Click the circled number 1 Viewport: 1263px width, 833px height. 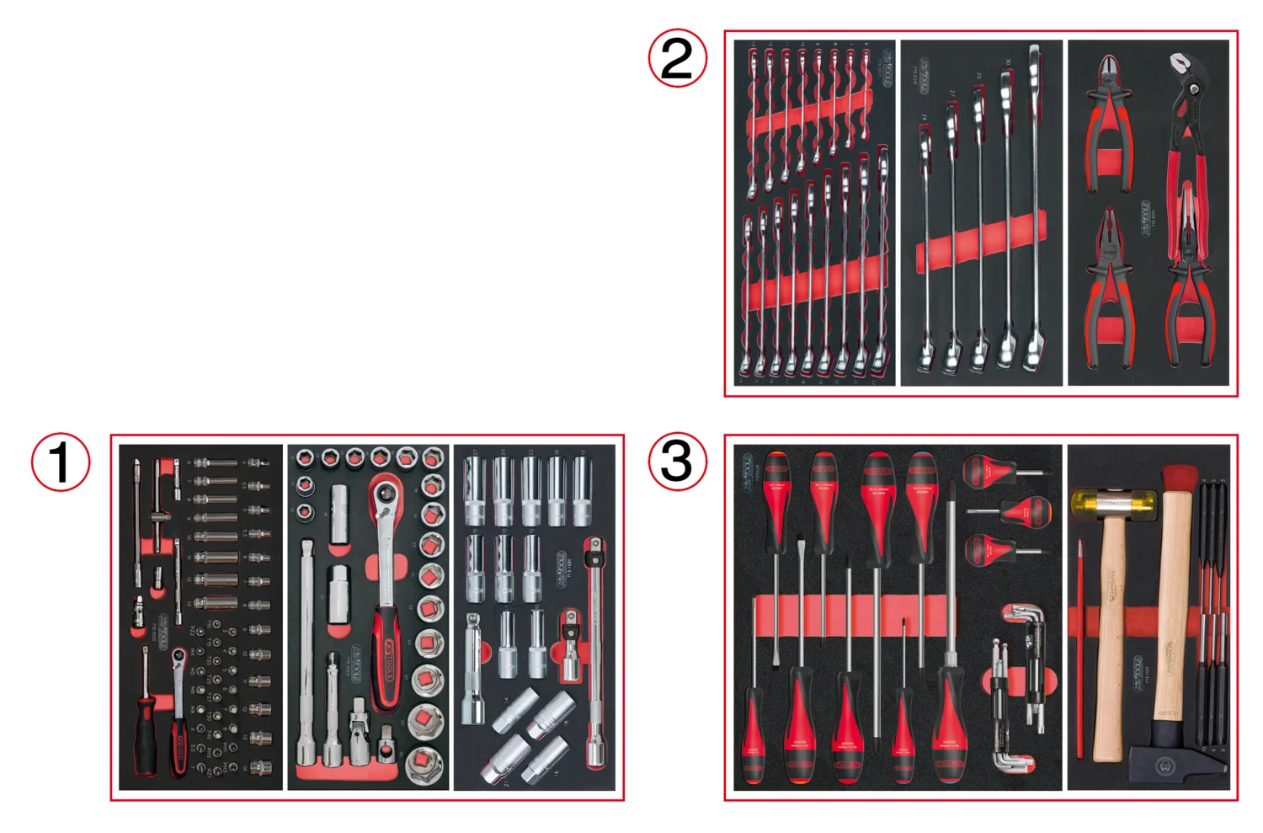pos(61,461)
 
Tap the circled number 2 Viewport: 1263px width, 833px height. pos(677,58)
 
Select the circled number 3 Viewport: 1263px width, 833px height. pos(677,461)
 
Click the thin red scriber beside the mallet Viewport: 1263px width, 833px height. pos(1080,649)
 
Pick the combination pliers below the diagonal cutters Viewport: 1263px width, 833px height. pos(1109,286)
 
